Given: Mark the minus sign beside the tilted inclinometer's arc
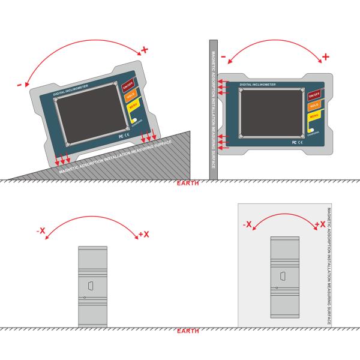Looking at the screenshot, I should [x=19, y=85].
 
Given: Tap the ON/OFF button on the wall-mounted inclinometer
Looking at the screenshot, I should [x=313, y=96].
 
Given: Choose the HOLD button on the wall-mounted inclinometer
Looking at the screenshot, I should [x=313, y=106].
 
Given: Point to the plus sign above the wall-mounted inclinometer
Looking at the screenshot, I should [x=326, y=57].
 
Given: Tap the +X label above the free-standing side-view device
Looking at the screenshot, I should [x=143, y=234].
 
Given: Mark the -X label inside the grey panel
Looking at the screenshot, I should [x=247, y=224].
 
